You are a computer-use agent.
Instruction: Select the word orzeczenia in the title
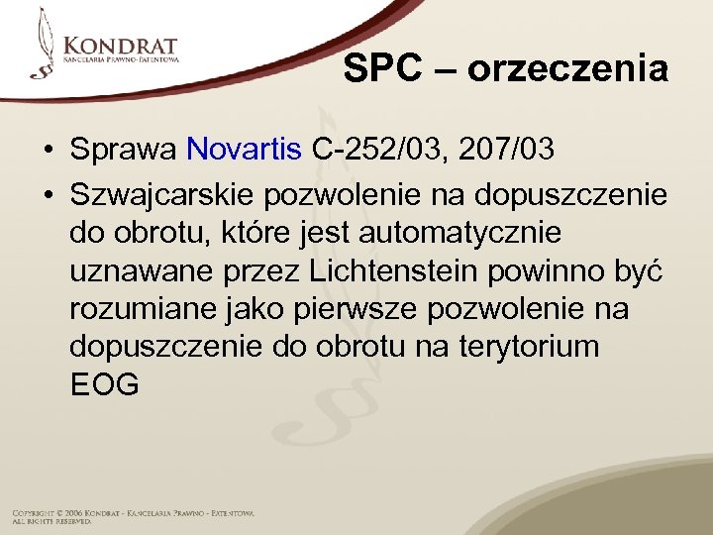(x=567, y=69)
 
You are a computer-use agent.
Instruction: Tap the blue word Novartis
(x=244, y=150)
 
